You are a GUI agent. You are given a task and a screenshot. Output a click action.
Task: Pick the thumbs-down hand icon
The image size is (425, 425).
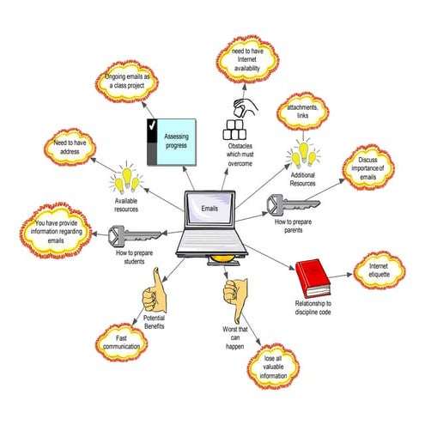pyautogui.click(x=233, y=294)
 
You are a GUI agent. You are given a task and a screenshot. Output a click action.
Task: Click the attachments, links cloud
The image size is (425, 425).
pyautogui.click(x=302, y=113)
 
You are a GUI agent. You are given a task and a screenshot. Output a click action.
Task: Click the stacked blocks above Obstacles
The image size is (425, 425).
pyautogui.click(x=236, y=125)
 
